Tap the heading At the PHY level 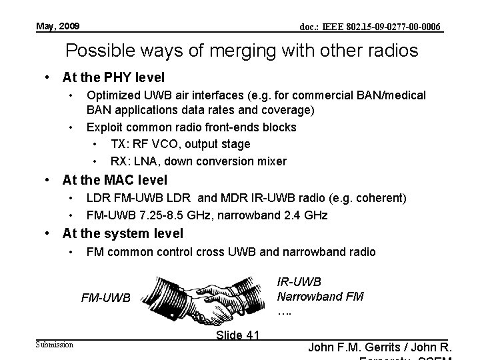point(113,77)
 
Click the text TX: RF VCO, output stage point(180,144)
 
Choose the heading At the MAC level point(115,179)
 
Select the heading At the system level point(123,233)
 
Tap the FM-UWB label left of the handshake point(106,298)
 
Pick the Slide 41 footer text point(238,335)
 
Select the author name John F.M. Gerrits point(355,347)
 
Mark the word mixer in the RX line point(273,161)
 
